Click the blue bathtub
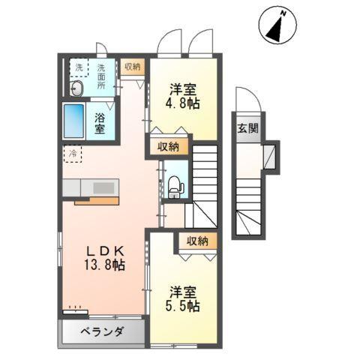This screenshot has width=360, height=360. [75, 120]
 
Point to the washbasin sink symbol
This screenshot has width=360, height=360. [77, 88]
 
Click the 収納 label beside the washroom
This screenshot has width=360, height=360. [133, 67]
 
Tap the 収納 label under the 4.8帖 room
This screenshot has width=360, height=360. [168, 146]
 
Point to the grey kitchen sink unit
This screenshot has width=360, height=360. [88, 187]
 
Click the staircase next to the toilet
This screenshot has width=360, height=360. [204, 172]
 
